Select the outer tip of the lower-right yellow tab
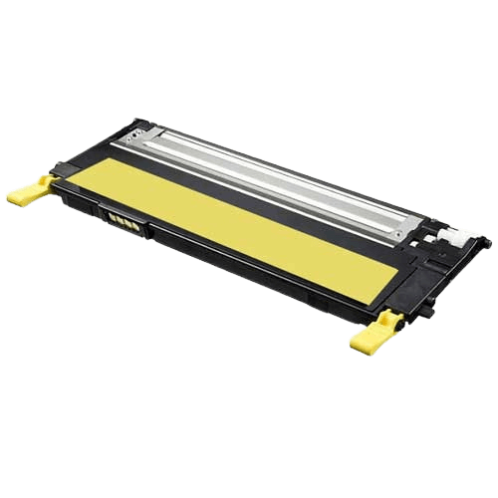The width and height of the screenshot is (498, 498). point(355,345)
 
